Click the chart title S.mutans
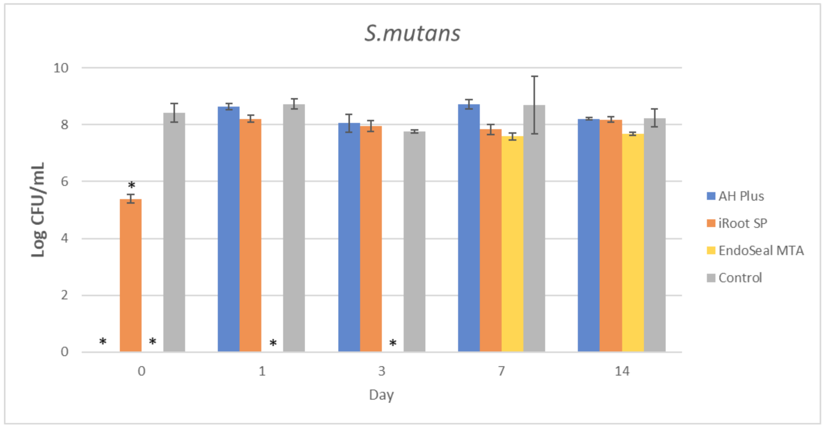pos(412,33)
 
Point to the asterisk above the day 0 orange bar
pos(132,186)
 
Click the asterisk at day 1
pos(273,344)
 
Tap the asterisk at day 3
pos(393,344)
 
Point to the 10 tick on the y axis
pos(61,68)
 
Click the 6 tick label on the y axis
pos(65,181)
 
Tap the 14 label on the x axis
pos(622,371)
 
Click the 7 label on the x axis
pos(501,371)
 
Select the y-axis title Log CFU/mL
pos(38,210)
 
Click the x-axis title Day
pos(381,395)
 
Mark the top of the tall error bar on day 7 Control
pos(534,77)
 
